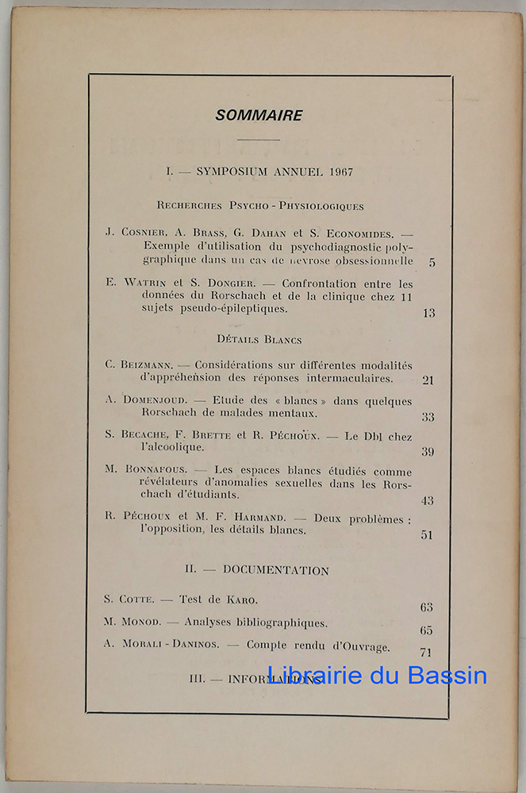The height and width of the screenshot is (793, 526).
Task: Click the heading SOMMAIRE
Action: click(259, 116)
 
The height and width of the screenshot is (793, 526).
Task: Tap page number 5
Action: click(432, 262)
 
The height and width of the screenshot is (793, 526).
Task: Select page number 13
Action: click(428, 313)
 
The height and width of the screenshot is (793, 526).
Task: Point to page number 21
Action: click(428, 380)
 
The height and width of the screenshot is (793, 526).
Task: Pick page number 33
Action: click(428, 417)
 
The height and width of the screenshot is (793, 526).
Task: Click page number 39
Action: click(428, 452)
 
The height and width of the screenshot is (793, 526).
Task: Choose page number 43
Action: click(428, 501)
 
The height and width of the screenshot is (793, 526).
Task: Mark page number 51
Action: click(427, 535)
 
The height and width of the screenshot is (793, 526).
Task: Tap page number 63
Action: click(427, 608)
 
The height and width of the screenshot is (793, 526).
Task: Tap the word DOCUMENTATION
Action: click(275, 571)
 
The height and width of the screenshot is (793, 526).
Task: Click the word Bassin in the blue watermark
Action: click(449, 676)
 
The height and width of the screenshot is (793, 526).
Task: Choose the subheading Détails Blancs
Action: click(259, 339)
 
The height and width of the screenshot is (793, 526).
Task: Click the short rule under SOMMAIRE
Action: click(259, 140)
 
